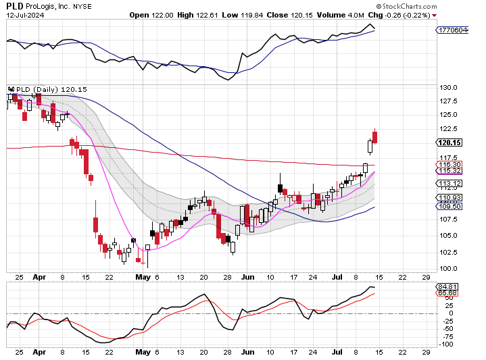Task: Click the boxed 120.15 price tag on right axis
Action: point(449,143)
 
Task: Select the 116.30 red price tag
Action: point(449,164)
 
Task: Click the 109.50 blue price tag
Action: point(449,206)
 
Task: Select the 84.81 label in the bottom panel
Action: point(448,286)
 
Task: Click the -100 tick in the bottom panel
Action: point(447,344)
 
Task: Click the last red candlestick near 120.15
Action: point(374,137)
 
